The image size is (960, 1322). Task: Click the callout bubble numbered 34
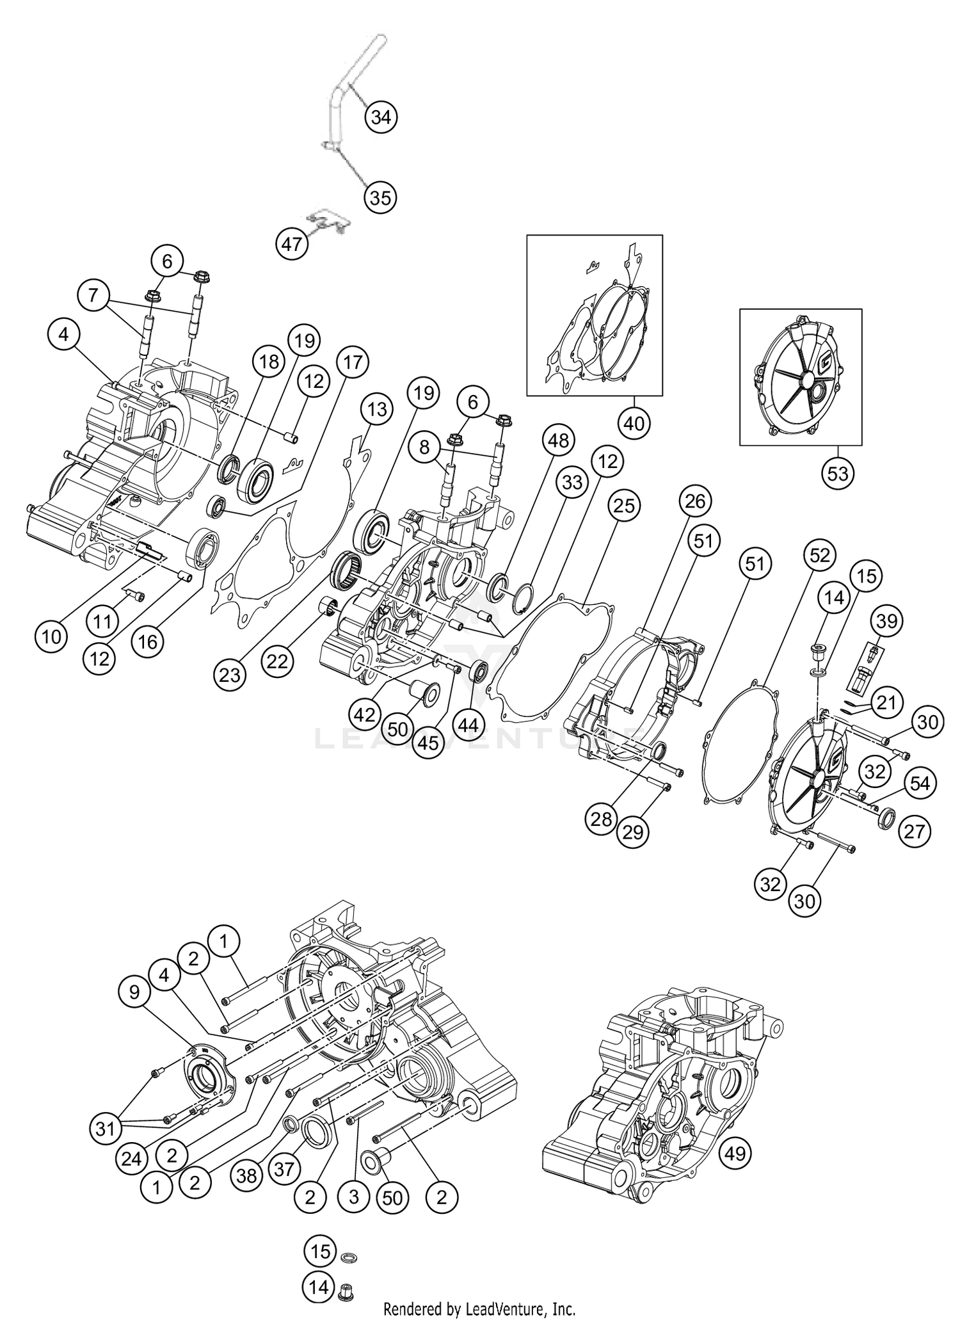point(381,117)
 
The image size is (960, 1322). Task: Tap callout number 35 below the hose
point(380,198)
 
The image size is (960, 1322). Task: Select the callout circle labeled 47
point(292,245)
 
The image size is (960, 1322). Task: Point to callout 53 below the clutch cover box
point(837,473)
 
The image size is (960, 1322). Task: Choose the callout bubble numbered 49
point(735,1153)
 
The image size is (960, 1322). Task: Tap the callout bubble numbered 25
point(625,506)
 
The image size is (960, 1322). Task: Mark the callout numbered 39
point(887,620)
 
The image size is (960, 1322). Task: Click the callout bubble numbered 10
point(52,636)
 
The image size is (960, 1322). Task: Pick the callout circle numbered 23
point(230,674)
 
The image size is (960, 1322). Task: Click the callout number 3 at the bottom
point(353,1197)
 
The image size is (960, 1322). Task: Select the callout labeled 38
point(247,1175)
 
